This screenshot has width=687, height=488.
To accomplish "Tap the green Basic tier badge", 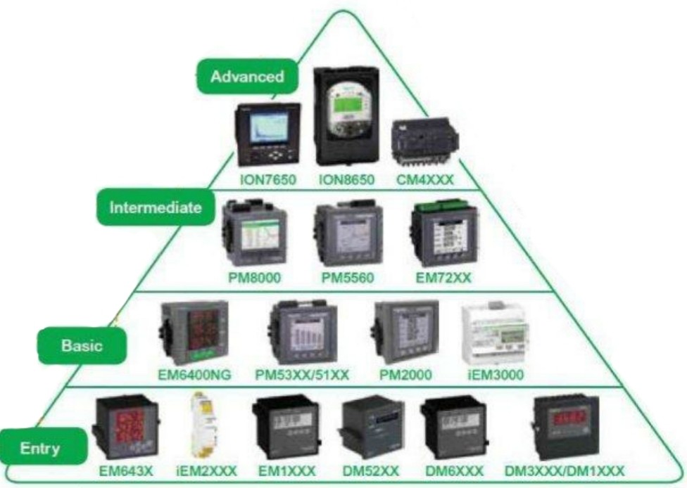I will pyautogui.click(x=82, y=346).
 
